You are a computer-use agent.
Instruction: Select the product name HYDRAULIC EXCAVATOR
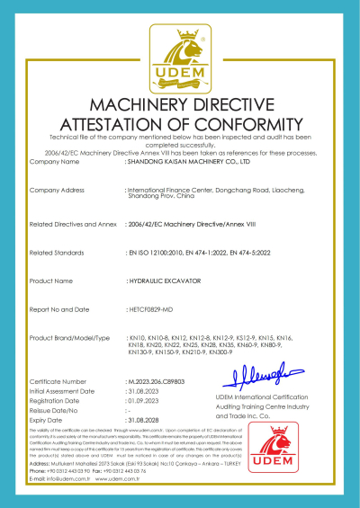[158, 281]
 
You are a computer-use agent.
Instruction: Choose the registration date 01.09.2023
[145, 401]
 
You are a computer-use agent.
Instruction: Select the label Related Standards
[58, 254]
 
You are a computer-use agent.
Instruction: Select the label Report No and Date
[61, 309]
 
